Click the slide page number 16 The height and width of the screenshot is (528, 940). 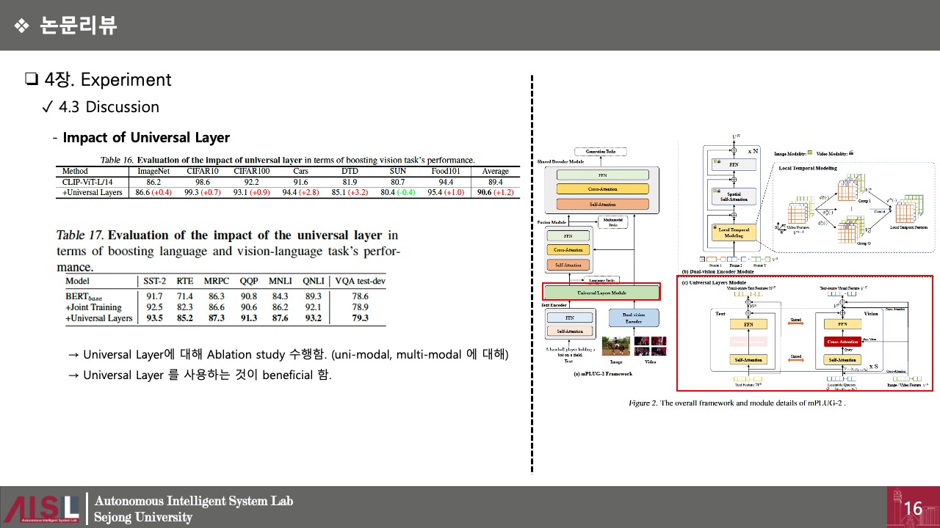tap(913, 508)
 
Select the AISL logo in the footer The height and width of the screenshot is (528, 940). tap(41, 508)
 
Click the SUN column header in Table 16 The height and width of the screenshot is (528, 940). tap(397, 171)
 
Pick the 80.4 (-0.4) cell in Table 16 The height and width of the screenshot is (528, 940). tap(397, 192)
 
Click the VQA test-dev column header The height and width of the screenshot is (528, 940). tap(360, 281)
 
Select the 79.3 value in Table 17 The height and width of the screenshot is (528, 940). tap(360, 318)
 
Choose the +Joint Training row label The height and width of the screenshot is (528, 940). tap(93, 307)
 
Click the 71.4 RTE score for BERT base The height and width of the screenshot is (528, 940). tap(184, 296)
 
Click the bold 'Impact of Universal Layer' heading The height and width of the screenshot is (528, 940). tap(146, 138)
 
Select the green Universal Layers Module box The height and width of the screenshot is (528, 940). tap(601, 292)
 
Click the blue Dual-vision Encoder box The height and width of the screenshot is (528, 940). tap(634, 318)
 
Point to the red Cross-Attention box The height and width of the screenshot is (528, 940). tap(842, 342)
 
